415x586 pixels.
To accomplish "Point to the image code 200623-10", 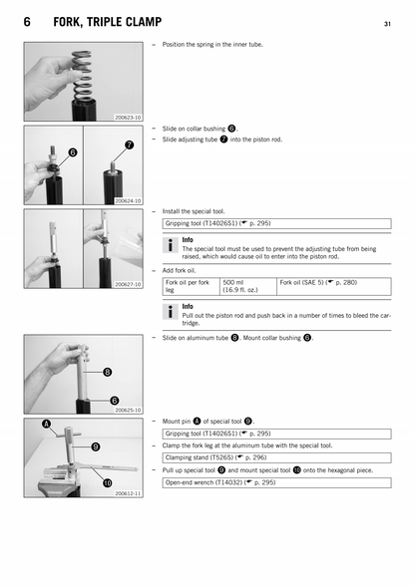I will coord(129,118).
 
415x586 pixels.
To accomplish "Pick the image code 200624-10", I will coord(129,200).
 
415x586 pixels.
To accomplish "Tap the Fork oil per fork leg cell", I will coord(190,287).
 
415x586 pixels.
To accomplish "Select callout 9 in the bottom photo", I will coord(94,446).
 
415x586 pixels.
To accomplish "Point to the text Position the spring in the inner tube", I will coord(230,45).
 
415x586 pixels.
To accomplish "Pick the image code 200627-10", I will coord(129,284).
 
